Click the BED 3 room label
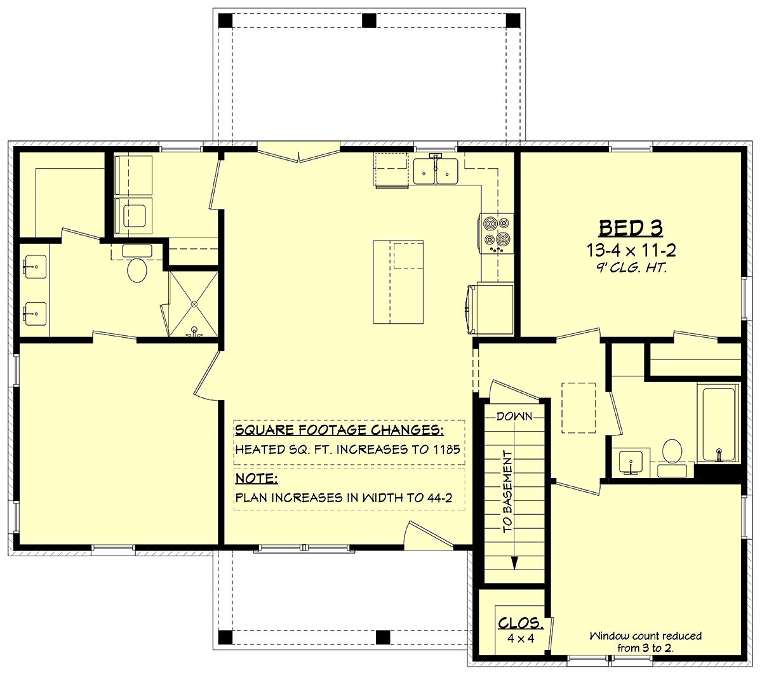coord(631,228)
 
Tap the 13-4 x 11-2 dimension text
coord(631,250)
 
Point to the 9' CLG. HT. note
coord(631,268)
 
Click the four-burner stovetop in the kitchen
coord(496,234)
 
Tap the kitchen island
coord(398,282)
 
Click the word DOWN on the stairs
coord(514,416)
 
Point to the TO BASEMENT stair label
coord(507,491)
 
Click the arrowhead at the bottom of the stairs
coord(514,563)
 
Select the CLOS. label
coord(521,623)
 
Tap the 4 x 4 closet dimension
coord(521,638)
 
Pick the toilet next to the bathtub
coord(672,458)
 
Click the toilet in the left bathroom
coord(137,264)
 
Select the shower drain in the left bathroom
coord(194,304)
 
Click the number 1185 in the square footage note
coord(446,450)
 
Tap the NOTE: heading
coord(257,479)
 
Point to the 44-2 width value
coord(439,498)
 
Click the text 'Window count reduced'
coord(645,636)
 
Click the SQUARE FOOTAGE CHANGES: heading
coord(339,430)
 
